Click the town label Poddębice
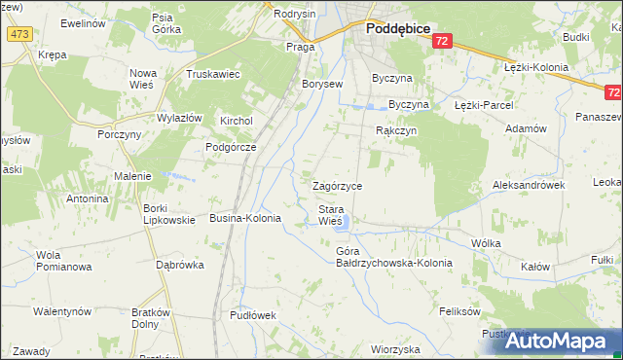(398, 29)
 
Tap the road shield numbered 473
(18, 34)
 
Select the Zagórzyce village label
(337, 185)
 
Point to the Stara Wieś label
(330, 215)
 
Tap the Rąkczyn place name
(396, 129)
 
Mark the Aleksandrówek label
(529, 184)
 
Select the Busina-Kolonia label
(245, 219)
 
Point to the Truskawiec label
(213, 74)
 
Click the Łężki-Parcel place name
(483, 104)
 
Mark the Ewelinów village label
(82, 22)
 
